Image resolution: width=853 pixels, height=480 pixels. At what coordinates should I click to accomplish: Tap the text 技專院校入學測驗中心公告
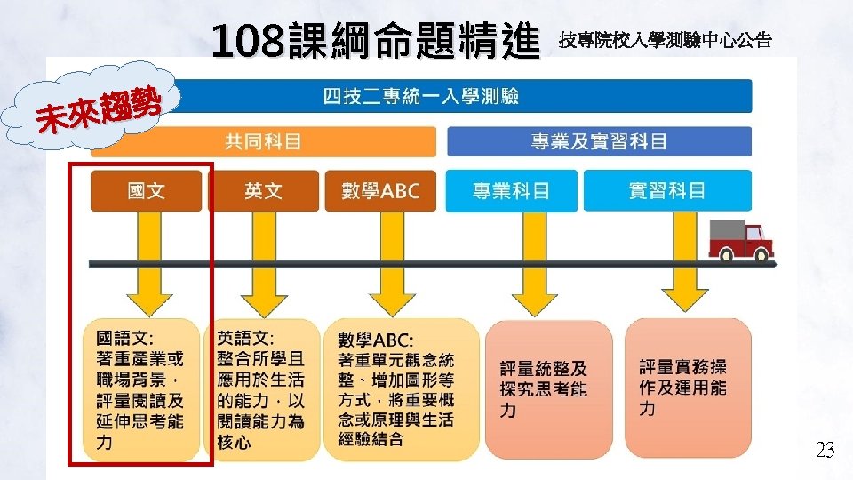665,40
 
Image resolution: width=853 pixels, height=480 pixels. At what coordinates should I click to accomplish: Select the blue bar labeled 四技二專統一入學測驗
420,96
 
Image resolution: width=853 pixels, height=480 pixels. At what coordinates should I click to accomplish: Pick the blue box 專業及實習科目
599,141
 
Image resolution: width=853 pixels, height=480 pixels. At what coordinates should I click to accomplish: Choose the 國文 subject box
146,190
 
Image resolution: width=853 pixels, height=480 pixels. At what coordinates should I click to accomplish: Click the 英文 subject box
263,190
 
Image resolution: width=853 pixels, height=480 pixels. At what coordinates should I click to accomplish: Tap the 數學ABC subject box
380,190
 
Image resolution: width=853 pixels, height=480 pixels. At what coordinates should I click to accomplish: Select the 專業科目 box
511,190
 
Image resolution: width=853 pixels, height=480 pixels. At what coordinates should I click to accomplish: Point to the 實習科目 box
666,190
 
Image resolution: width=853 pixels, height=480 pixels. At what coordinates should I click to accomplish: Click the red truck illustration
740,240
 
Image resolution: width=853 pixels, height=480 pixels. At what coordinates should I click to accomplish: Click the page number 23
825,452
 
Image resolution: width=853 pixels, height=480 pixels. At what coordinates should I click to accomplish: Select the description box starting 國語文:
140,389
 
